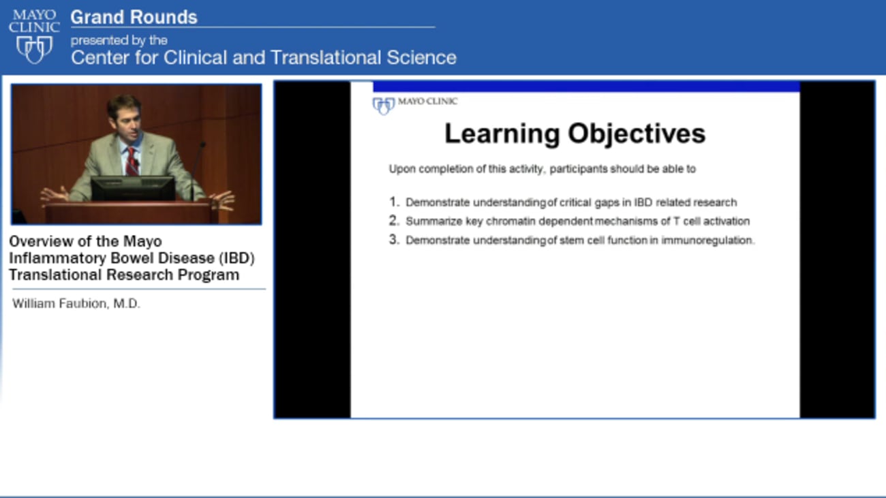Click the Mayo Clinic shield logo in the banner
34,49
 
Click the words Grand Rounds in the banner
134,17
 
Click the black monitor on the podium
133,189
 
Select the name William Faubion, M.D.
76,304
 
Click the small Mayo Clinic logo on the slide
414,104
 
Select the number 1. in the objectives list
393,202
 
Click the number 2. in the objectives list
393,221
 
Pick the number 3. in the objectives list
393,240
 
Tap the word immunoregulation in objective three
707,240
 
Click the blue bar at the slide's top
586,87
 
